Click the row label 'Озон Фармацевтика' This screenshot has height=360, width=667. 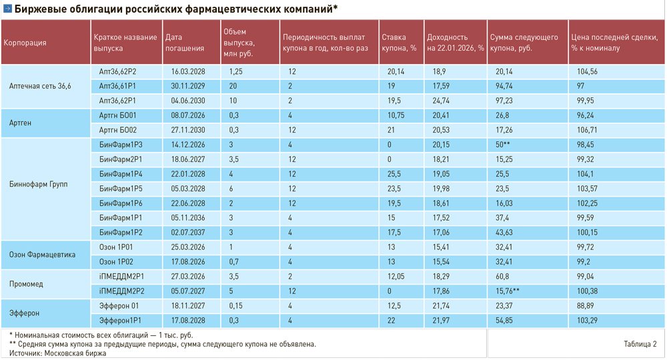pyautogui.click(x=43, y=254)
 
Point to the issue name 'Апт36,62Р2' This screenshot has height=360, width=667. pyautogui.click(x=117, y=71)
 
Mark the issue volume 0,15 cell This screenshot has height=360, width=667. pyautogui.click(x=235, y=306)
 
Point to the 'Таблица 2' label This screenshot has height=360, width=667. pyautogui.click(x=640, y=344)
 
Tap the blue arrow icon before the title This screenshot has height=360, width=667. pyautogui.click(x=7, y=9)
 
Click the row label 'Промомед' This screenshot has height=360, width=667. pyautogui.click(x=27, y=284)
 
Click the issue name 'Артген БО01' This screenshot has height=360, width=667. pyautogui.click(x=118, y=115)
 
